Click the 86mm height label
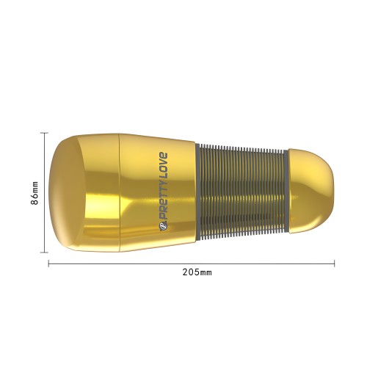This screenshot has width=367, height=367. point(35,193)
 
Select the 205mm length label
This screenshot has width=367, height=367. point(197,272)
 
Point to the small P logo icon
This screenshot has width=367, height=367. point(163,225)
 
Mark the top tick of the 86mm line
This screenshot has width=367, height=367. point(44,133)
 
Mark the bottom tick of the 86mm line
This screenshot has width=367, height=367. point(44,252)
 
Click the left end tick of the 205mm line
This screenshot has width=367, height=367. point(49,264)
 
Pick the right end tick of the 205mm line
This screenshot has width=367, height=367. point(334,264)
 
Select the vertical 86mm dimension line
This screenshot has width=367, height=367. point(44,192)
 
